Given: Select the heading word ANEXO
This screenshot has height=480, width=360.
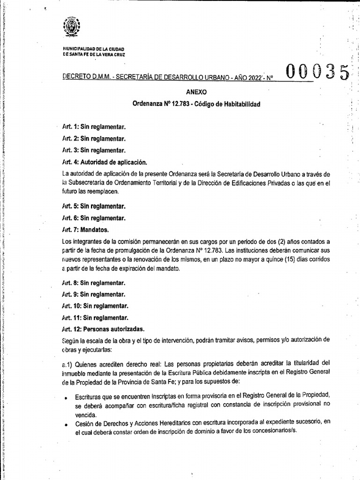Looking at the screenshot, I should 196,92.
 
